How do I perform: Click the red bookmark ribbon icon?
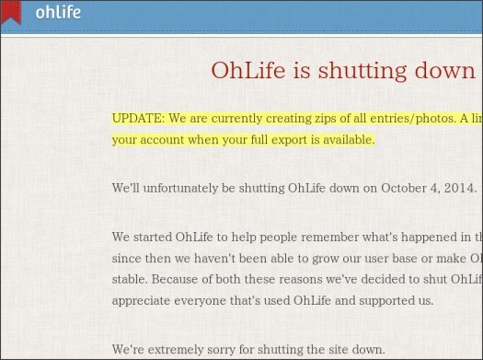[x=12, y=11]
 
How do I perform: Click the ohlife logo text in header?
[x=57, y=13]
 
